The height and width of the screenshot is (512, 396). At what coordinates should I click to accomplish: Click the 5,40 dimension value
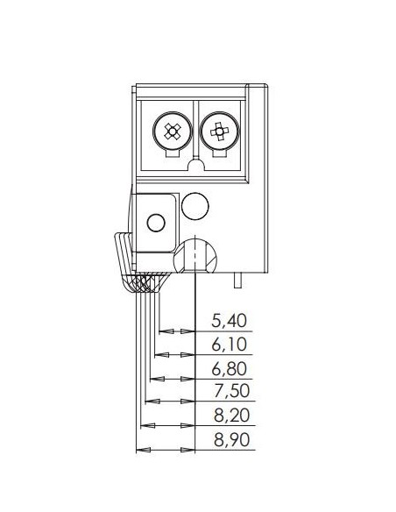click(x=229, y=320)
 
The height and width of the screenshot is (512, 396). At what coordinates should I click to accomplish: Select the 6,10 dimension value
click(x=229, y=345)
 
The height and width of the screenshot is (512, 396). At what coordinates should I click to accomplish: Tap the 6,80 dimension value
click(x=229, y=368)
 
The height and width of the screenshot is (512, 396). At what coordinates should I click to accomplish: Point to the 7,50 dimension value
click(x=231, y=390)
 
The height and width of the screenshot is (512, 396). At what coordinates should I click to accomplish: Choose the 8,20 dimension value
click(x=231, y=415)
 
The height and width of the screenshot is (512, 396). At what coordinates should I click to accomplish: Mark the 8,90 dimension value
click(x=231, y=439)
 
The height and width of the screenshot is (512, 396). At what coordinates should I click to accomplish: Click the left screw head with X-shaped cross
click(x=172, y=132)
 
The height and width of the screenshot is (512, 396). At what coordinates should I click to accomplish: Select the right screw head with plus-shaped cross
click(x=220, y=132)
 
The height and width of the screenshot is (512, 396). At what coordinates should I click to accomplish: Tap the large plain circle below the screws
click(x=195, y=206)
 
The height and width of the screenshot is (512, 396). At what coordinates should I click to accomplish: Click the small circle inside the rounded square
click(x=156, y=223)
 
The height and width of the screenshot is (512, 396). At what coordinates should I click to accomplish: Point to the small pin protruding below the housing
click(x=238, y=281)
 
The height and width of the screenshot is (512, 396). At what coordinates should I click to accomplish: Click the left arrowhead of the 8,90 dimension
click(x=143, y=450)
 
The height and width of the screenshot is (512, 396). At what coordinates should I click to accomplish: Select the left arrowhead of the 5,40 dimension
click(x=166, y=331)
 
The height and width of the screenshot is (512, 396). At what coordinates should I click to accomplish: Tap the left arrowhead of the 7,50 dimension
click(x=152, y=401)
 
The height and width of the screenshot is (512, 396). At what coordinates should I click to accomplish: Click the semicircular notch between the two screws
click(x=195, y=164)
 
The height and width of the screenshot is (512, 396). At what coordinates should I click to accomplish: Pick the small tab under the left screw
click(x=173, y=153)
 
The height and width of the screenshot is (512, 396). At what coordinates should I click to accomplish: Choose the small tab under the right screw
click(x=220, y=153)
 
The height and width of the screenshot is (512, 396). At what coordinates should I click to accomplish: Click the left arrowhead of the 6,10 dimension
click(x=161, y=355)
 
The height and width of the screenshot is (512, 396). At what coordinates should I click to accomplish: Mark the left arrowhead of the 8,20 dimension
click(x=147, y=426)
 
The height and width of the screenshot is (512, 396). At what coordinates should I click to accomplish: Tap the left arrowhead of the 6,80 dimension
click(x=157, y=379)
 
